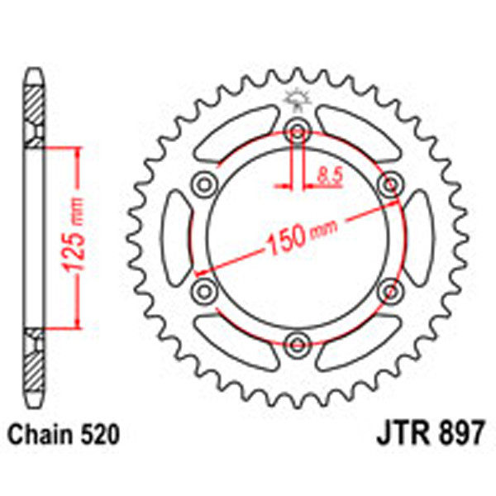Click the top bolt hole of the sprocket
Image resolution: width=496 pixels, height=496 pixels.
[296, 129]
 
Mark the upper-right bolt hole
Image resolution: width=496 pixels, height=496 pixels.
[388, 182]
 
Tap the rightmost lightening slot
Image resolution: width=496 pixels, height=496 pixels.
[416, 236]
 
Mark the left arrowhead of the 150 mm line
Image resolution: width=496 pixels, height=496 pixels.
[201, 270]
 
